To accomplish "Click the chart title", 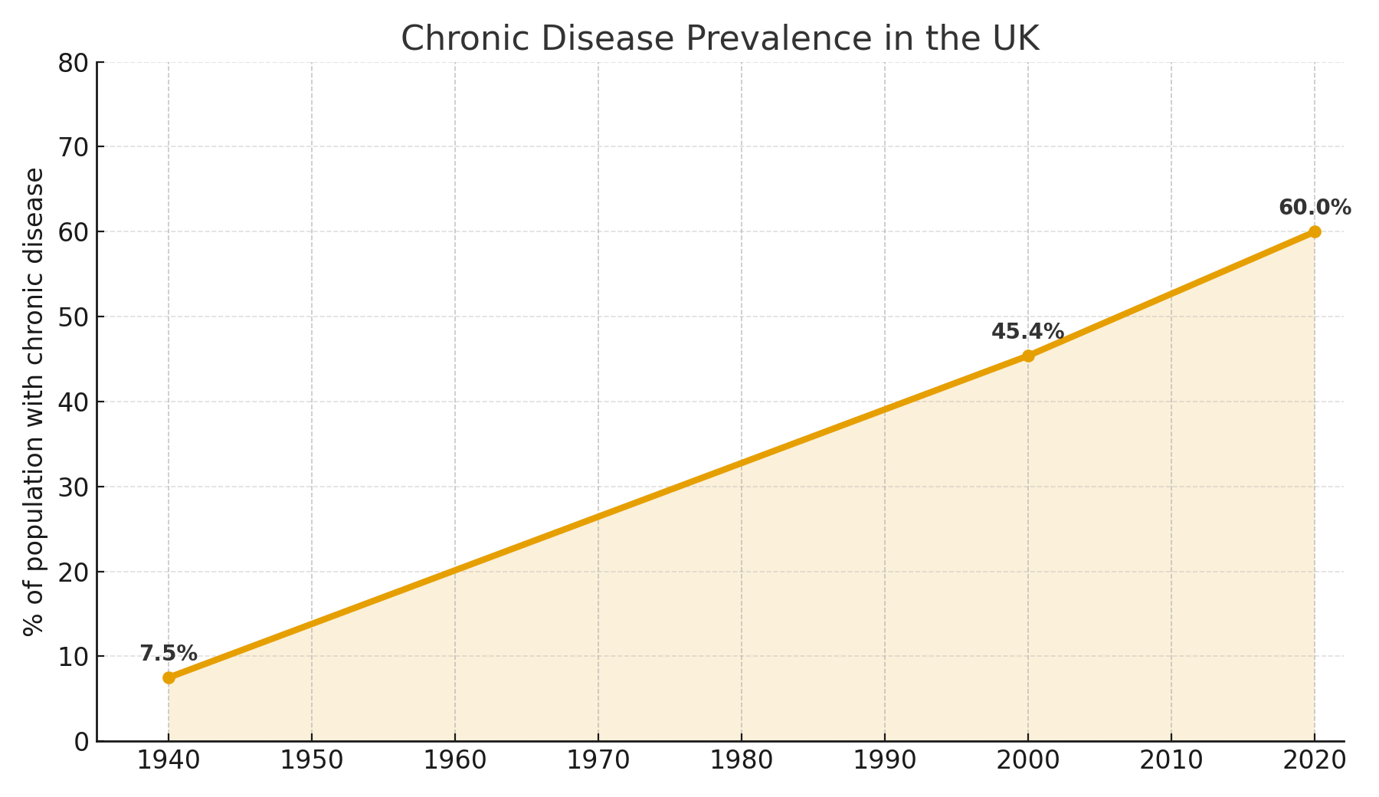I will pyautogui.click(x=720, y=38).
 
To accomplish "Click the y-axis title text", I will pyautogui.click(x=34, y=402).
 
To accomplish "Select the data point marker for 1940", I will pyautogui.click(x=169, y=677).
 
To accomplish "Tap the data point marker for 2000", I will pyautogui.click(x=1028, y=356).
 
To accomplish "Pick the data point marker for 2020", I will pyautogui.click(x=1315, y=231).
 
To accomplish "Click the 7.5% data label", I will pyautogui.click(x=169, y=654).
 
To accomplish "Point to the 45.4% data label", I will pyautogui.click(x=1027, y=332).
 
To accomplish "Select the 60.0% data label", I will pyautogui.click(x=1315, y=208).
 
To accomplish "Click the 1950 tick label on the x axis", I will pyautogui.click(x=312, y=760).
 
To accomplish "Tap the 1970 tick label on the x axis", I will pyautogui.click(x=598, y=760).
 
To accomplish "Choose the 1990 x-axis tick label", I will pyautogui.click(x=885, y=760).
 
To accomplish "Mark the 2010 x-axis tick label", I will pyautogui.click(x=1171, y=760).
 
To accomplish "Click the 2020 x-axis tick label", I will pyautogui.click(x=1315, y=760).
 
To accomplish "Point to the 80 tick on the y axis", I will pyautogui.click(x=73, y=63).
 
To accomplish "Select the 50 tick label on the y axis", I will pyautogui.click(x=73, y=317).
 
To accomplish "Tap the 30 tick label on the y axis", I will pyautogui.click(x=73, y=487).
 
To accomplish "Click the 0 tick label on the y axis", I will pyautogui.click(x=81, y=742).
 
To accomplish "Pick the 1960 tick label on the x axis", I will pyautogui.click(x=455, y=760).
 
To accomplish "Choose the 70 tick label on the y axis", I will pyautogui.click(x=73, y=147).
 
